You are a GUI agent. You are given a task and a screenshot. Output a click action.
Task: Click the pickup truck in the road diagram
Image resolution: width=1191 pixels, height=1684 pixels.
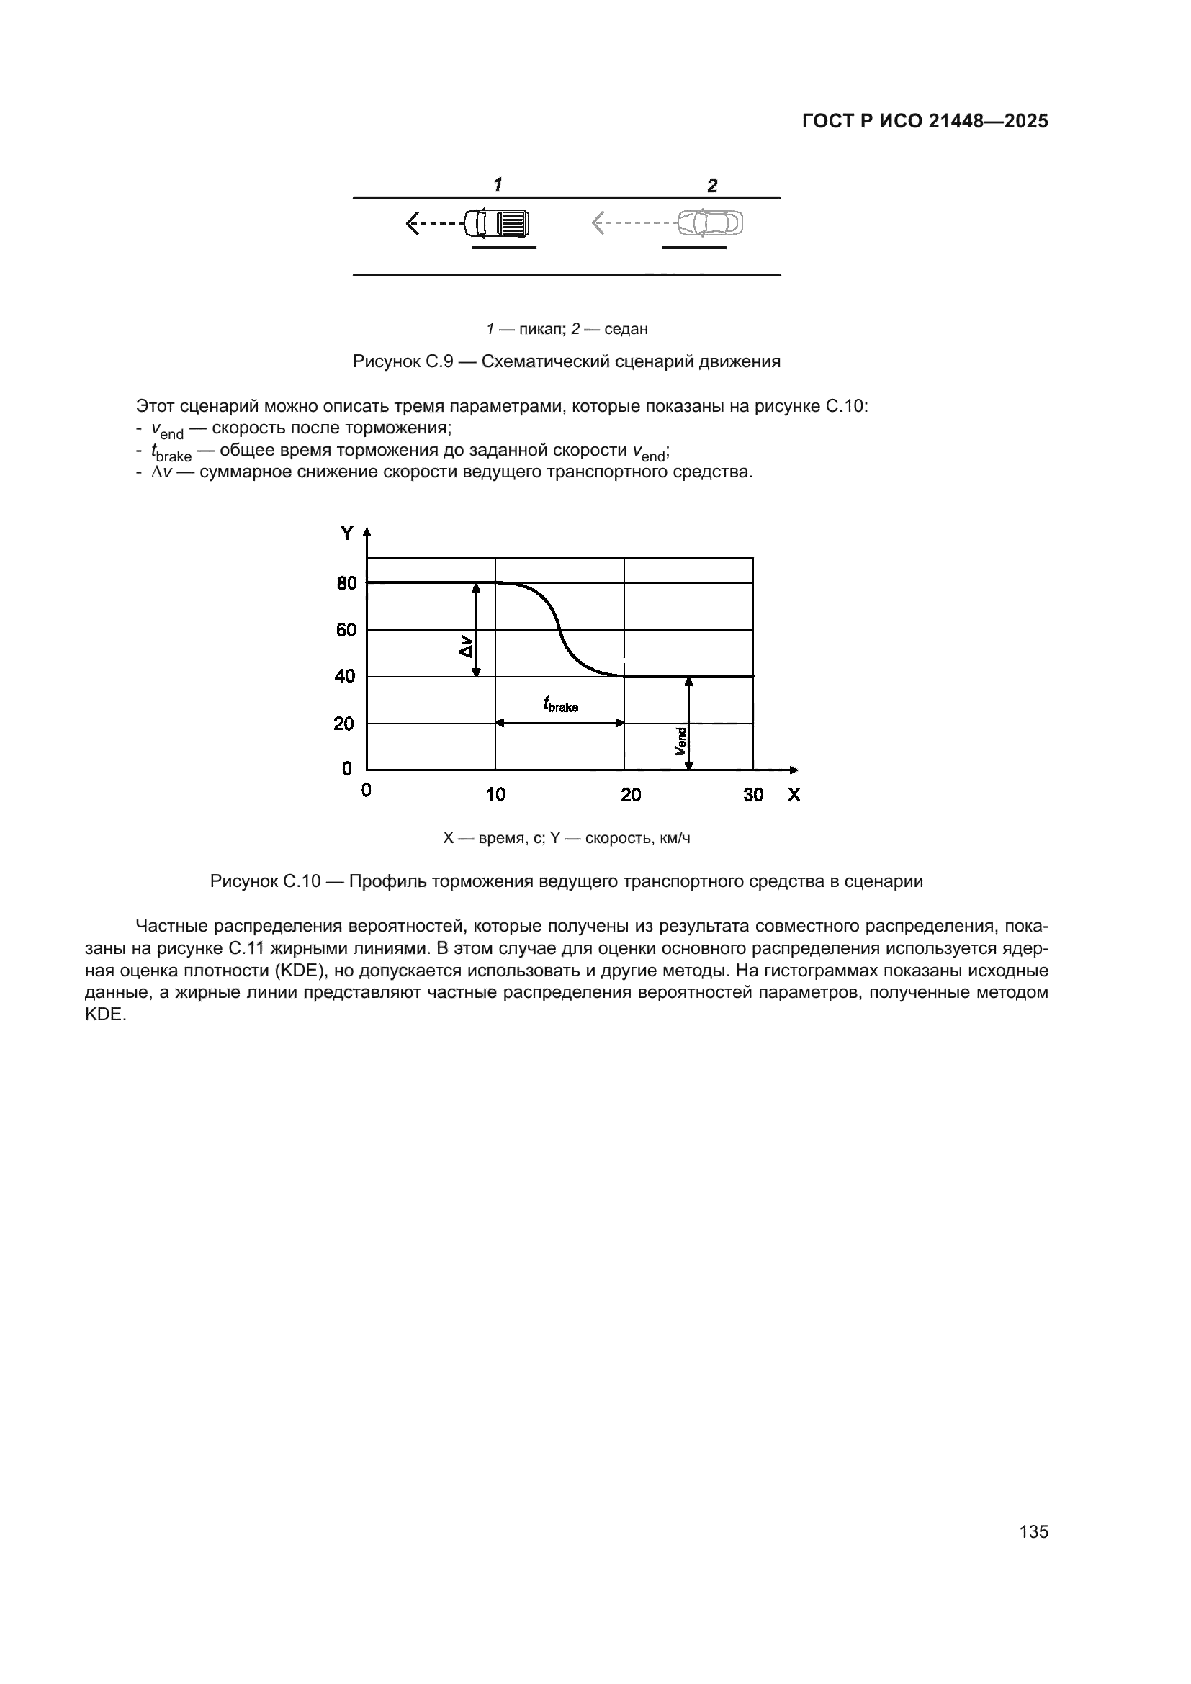(497, 223)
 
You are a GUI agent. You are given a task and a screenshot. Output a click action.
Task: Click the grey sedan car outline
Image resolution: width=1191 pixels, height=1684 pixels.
(709, 222)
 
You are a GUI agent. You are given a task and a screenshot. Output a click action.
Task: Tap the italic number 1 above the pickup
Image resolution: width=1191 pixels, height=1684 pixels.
(498, 184)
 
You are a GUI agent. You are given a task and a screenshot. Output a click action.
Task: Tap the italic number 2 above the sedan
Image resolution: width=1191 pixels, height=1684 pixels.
(712, 186)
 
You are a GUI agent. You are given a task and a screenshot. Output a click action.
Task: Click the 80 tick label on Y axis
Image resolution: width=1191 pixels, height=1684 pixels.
(346, 584)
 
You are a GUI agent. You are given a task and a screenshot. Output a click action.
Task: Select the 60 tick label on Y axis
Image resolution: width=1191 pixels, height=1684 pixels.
(346, 630)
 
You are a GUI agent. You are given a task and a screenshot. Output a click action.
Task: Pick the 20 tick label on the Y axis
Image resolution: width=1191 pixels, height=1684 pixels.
(344, 724)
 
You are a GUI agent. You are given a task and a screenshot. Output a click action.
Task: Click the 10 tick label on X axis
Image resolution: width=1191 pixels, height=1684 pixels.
(495, 794)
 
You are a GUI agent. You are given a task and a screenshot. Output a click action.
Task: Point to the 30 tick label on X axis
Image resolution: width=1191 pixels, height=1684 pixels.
(753, 794)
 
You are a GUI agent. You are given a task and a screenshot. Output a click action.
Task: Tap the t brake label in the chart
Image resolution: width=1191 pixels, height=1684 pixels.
(560, 705)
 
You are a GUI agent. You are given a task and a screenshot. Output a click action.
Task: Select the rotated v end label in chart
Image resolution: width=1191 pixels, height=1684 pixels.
(680, 741)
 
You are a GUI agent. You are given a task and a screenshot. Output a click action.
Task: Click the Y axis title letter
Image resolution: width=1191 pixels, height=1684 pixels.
(347, 534)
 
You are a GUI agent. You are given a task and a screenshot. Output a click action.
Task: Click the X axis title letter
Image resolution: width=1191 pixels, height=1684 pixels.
(794, 794)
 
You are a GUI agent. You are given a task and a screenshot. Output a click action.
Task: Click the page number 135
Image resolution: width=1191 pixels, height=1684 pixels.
(1033, 1531)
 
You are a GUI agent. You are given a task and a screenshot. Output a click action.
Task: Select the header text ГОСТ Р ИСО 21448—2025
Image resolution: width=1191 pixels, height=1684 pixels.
(925, 121)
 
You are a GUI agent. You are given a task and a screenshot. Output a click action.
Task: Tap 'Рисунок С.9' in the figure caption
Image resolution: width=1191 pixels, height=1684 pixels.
(403, 361)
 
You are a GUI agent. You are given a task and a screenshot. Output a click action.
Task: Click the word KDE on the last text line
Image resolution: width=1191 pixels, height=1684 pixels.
(106, 1016)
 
